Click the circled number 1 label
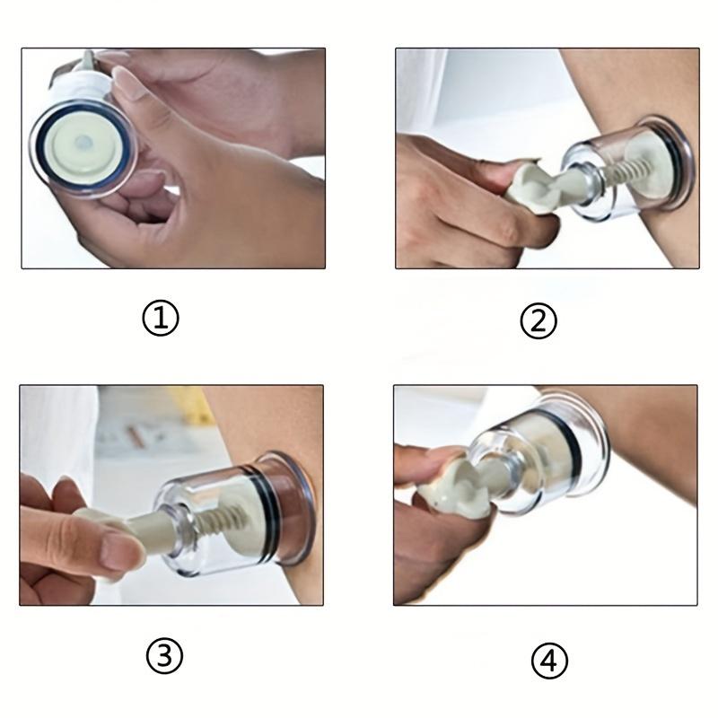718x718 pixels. (x=161, y=318)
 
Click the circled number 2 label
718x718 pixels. (x=538, y=320)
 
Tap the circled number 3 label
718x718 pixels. (x=164, y=656)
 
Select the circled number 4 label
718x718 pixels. (x=549, y=661)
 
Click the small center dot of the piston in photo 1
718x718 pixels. (x=83, y=142)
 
